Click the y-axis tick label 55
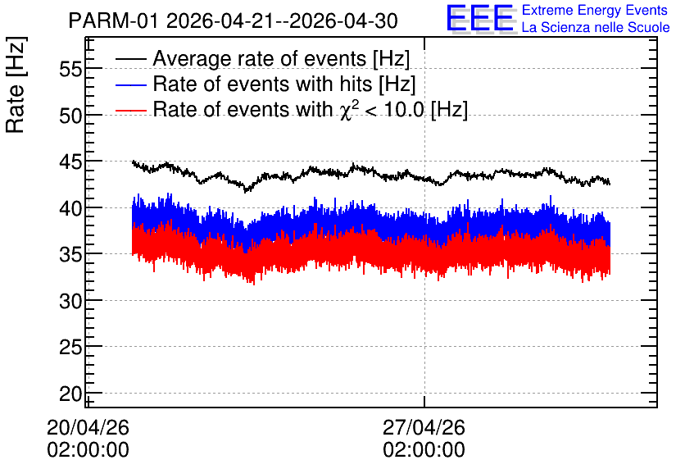(x=70, y=69)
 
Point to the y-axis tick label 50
(x=70, y=116)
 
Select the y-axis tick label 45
(x=70, y=162)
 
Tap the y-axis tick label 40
(x=70, y=208)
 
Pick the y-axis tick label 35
(x=70, y=255)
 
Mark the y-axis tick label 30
(x=70, y=301)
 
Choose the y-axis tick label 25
(x=70, y=348)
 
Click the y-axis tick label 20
(x=70, y=394)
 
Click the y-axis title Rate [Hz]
(x=16, y=84)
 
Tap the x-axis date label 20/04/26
(x=88, y=427)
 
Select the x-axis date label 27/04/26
(x=424, y=427)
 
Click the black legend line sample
(x=130, y=59)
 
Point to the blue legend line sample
(x=130, y=84)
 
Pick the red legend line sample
(x=130, y=110)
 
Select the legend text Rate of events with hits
(x=262, y=84)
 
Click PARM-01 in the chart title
(x=114, y=21)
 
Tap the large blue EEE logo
(x=480, y=18)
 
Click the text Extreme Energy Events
(x=595, y=10)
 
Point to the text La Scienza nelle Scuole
(x=596, y=27)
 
